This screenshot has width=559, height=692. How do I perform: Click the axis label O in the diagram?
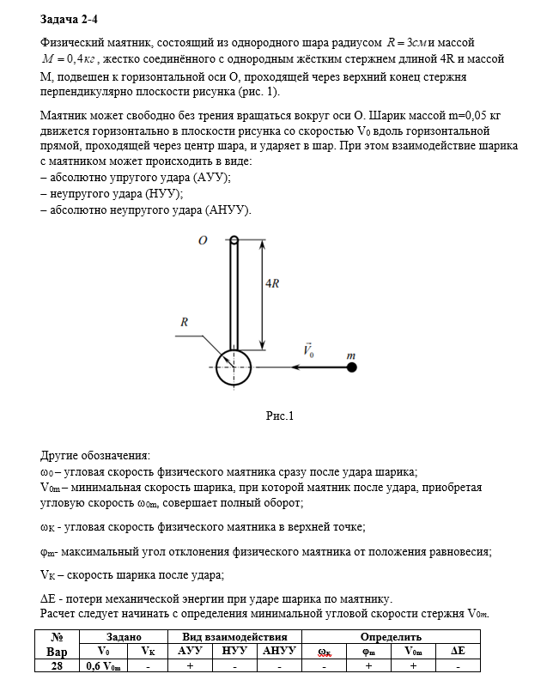(204, 241)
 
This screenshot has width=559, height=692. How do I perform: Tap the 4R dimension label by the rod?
(270, 283)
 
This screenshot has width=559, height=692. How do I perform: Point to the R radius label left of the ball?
(184, 322)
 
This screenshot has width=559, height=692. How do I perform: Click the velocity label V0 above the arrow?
(308, 350)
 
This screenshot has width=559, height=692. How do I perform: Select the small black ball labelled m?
(351, 367)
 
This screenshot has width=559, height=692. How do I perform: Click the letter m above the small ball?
(350, 354)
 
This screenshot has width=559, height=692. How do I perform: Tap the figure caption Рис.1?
(280, 416)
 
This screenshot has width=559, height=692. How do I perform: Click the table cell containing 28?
(55, 665)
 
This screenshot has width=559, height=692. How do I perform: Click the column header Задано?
(123, 637)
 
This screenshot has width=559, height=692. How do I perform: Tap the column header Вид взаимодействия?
(234, 637)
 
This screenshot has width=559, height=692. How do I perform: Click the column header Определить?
(392, 637)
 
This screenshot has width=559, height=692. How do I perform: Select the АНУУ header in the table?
(279, 651)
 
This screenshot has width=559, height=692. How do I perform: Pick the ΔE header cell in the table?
(457, 651)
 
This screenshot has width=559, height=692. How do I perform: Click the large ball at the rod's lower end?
(233, 367)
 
